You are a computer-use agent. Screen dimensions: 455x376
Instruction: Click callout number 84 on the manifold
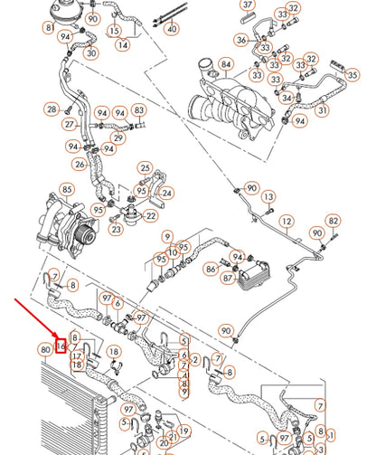point(225,64)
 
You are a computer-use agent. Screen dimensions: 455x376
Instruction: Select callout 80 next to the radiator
point(45,348)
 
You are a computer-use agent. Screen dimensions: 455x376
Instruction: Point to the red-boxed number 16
point(61,345)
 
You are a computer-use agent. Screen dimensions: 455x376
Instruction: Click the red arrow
point(36,321)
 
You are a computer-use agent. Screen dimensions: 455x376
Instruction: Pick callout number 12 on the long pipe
point(287,222)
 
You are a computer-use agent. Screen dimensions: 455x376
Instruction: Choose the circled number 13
point(268,196)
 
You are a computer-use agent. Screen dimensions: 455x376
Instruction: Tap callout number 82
point(334,221)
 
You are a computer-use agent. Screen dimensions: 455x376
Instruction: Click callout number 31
point(322,108)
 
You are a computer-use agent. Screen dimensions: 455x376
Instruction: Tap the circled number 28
point(51,109)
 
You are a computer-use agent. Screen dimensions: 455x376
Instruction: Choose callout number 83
point(138,110)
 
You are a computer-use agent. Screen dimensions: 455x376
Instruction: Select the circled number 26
point(80,165)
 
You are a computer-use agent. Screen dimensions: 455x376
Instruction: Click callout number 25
point(145,167)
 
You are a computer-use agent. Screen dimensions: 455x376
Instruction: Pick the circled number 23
point(117,229)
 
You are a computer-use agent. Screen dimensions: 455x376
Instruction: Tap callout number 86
point(211,269)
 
